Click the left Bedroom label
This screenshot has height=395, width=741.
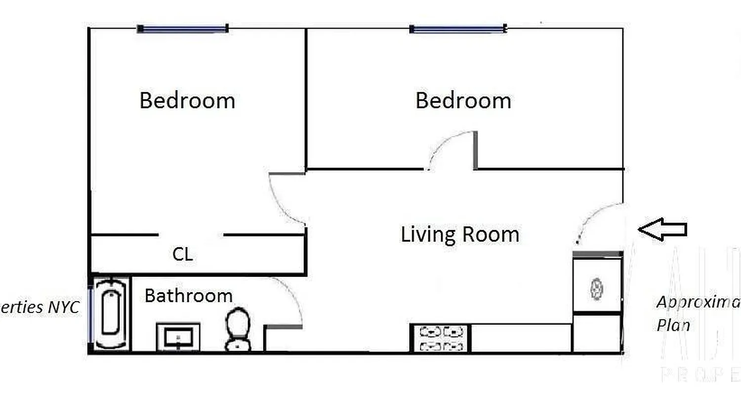[187, 101]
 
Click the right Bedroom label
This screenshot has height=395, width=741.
[463, 101]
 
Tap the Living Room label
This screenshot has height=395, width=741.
[459, 234]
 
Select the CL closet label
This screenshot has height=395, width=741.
[182, 255]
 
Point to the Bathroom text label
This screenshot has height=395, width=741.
[188, 296]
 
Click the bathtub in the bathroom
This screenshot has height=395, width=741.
[110, 314]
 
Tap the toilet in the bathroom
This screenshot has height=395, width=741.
[238, 329]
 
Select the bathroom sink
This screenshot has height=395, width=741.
[178, 337]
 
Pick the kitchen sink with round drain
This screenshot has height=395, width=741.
[597, 289]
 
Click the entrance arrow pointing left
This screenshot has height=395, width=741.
[662, 229]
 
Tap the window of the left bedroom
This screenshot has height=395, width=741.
[182, 29]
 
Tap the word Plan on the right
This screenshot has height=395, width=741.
[673, 326]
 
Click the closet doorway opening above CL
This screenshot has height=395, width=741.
[191, 235]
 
